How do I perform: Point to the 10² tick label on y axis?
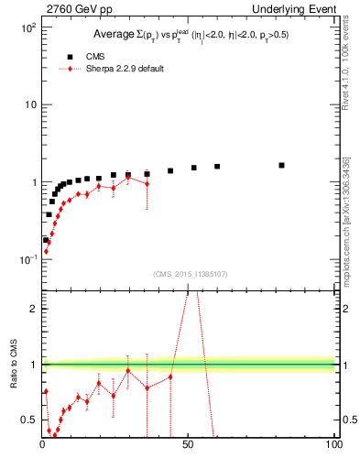click(27, 27)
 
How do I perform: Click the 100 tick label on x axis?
click(333, 445)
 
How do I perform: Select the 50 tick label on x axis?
click(187, 445)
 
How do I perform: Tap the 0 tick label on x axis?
click(42, 445)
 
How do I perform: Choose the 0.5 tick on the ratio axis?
click(29, 420)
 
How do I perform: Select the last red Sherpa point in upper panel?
click(147, 184)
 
